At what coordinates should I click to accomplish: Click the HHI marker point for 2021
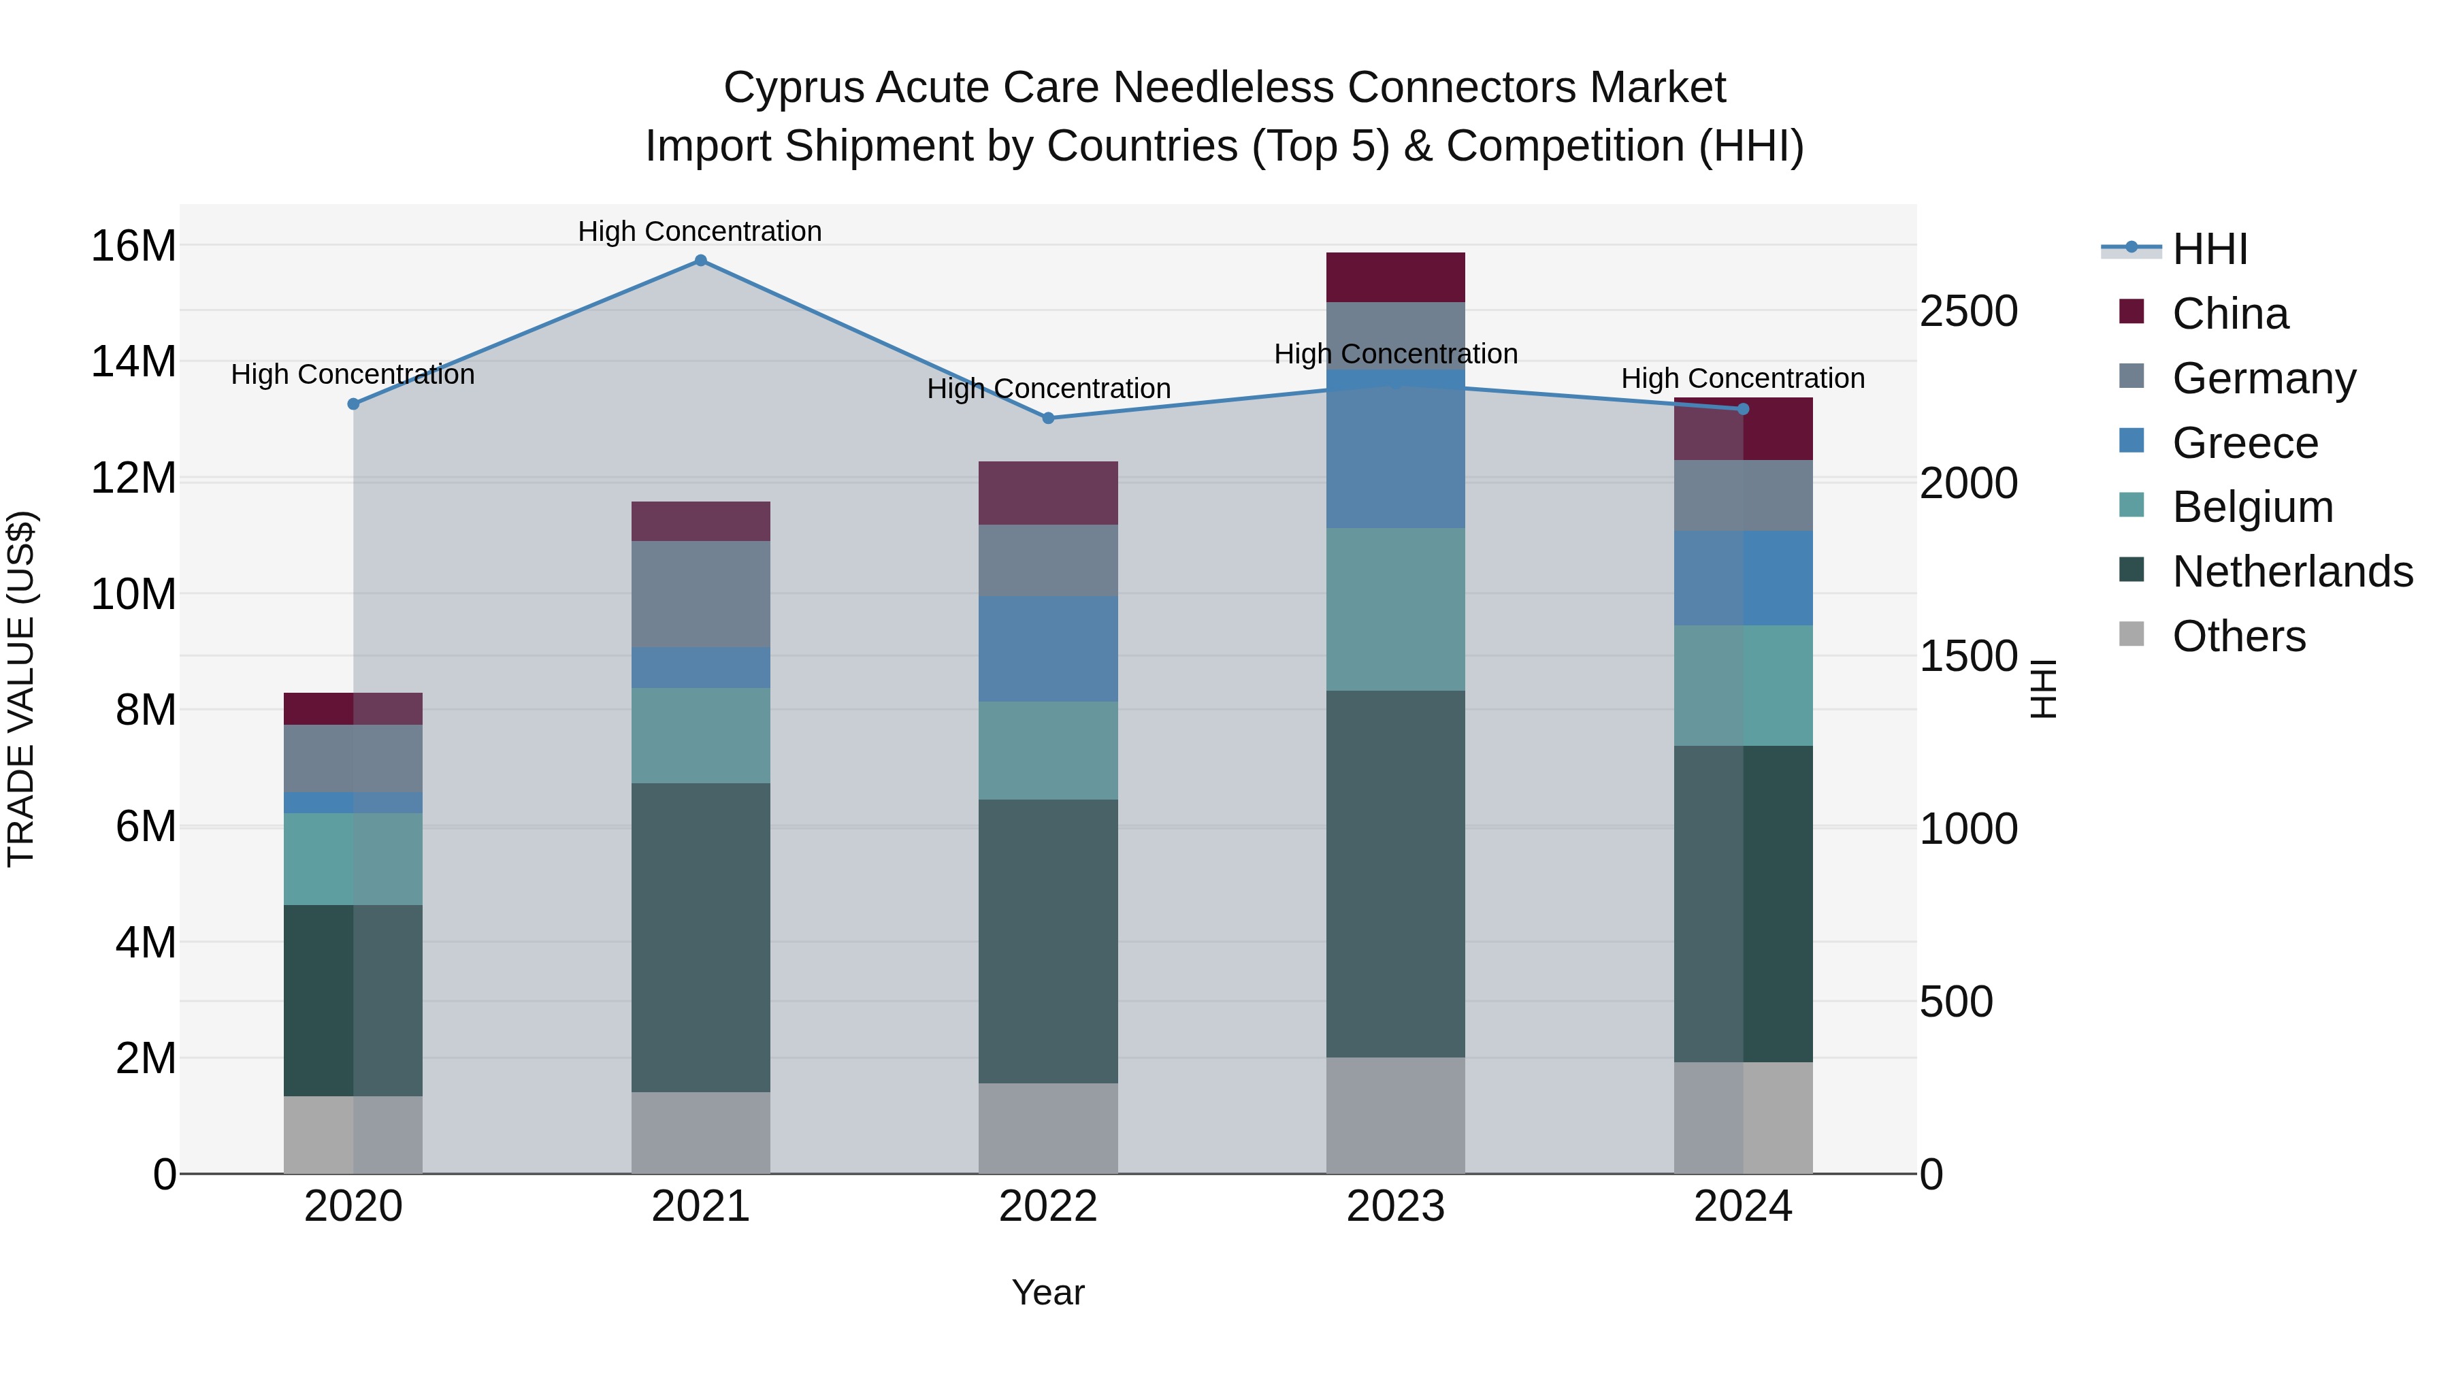[x=700, y=261]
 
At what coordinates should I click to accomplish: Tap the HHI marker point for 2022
[x=1048, y=419]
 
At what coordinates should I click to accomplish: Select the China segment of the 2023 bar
[x=1395, y=278]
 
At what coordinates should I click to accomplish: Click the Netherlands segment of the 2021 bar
[x=700, y=938]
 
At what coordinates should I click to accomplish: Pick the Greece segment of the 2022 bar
[x=1048, y=650]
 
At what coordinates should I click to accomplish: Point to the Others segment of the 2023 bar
[x=1395, y=1115]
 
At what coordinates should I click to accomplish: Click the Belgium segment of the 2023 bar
[x=1395, y=610]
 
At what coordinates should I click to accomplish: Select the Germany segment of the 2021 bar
[x=700, y=594]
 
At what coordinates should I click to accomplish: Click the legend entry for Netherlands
[x=2292, y=572]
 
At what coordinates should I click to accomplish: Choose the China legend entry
[x=2229, y=314]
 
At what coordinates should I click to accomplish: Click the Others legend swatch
[x=2131, y=634]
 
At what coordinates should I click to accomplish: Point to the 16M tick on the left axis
[x=133, y=246]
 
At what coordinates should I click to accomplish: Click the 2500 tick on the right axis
[x=1967, y=312]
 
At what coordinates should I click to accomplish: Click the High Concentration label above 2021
[x=700, y=231]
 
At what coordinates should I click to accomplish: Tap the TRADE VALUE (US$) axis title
[x=21, y=689]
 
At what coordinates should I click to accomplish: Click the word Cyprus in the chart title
[x=794, y=88]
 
